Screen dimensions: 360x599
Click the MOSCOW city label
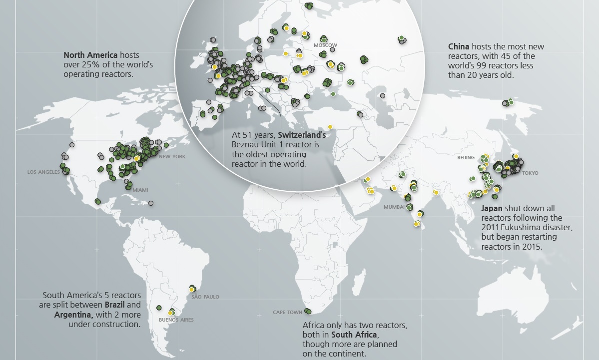[x=325, y=45]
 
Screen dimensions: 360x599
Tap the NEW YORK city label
[x=172, y=157]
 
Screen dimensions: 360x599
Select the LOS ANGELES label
[x=43, y=172]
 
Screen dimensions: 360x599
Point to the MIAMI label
[x=140, y=190]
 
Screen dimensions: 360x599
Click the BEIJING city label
[x=466, y=158]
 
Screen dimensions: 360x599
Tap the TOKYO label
[x=530, y=173]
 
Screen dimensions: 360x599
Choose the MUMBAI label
[x=394, y=207]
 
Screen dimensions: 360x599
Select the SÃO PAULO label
[x=205, y=297]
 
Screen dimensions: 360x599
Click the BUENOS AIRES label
[x=176, y=320]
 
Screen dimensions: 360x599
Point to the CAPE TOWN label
[x=287, y=313]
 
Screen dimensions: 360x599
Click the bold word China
[x=459, y=47]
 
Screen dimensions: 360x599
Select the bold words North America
[x=90, y=55]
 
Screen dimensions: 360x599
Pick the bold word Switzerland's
[x=302, y=135]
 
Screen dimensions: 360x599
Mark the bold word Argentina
[x=73, y=315]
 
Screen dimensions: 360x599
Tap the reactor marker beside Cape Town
[x=308, y=312]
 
